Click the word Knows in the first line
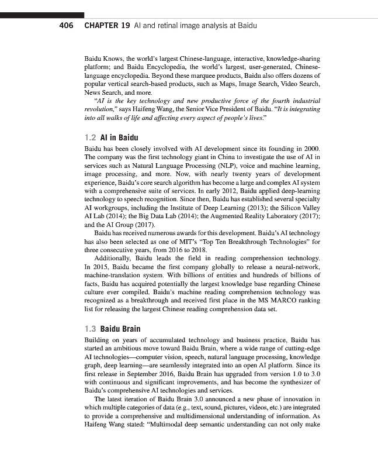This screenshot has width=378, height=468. click(x=113, y=60)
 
